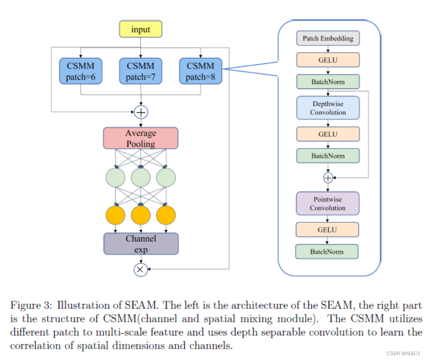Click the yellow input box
click(141, 30)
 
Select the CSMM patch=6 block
click(81, 71)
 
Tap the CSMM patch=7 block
click(141, 71)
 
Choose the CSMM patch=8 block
click(200, 71)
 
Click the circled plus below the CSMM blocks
click(141, 112)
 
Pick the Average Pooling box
click(141, 138)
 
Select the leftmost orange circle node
click(115, 215)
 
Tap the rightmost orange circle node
click(166, 215)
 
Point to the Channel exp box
click(141, 244)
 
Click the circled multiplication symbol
click(141, 269)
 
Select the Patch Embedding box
click(328, 38)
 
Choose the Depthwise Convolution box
click(328, 108)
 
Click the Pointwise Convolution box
click(328, 204)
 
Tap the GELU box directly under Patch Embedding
click(328, 60)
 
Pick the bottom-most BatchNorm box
click(327, 252)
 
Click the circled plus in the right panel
click(328, 178)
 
